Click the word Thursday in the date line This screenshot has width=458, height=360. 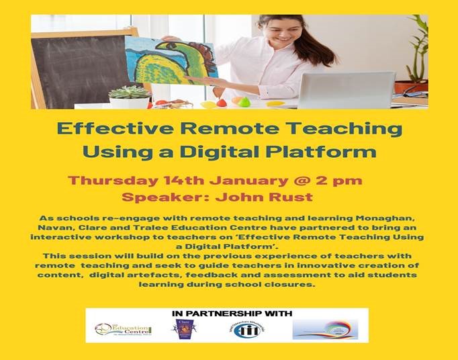coord(111,180)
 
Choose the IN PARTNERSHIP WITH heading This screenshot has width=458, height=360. coord(227,314)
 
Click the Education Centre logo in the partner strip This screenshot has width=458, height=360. coord(124,330)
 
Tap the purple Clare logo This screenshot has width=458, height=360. coord(185,330)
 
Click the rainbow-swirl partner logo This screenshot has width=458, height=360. coord(325,329)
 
